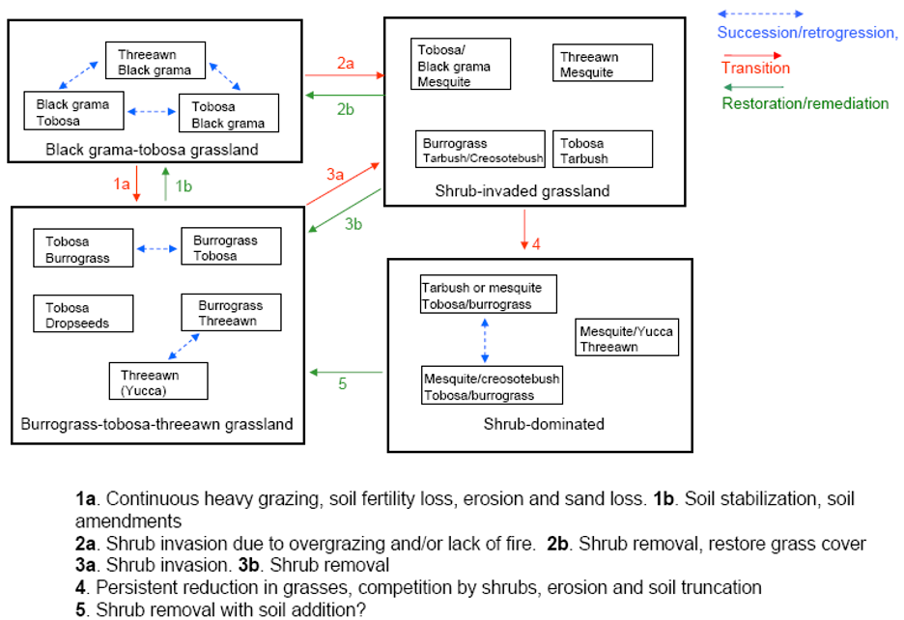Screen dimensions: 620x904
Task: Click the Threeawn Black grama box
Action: click(x=155, y=60)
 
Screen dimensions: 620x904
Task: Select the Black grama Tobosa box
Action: click(x=73, y=111)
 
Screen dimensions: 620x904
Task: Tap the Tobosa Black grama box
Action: click(x=228, y=113)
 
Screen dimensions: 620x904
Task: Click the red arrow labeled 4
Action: click(x=524, y=230)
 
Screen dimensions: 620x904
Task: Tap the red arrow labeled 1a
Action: click(x=137, y=183)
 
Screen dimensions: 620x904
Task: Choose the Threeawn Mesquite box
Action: click(x=602, y=64)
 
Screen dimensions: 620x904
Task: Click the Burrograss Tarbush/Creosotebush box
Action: click(x=483, y=150)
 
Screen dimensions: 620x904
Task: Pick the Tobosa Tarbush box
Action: click(x=602, y=150)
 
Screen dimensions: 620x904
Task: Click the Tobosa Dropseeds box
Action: click(x=83, y=315)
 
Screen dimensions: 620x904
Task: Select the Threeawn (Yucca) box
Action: click(x=158, y=380)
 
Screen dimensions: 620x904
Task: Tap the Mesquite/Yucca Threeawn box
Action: click(x=625, y=338)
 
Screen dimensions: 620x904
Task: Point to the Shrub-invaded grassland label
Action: click(x=522, y=191)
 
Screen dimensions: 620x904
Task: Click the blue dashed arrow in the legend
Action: click(x=759, y=14)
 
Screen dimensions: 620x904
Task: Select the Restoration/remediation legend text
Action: click(x=805, y=103)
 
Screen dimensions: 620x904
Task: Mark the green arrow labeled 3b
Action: click(x=344, y=210)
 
